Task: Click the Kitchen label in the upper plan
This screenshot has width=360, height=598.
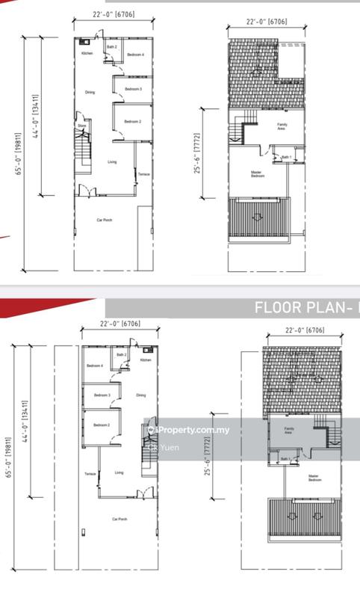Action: [87, 55]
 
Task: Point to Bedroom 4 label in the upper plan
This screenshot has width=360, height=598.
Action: [134, 55]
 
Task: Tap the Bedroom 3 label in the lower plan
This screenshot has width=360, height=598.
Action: [102, 395]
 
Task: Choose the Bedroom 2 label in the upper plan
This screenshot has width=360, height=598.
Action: [132, 121]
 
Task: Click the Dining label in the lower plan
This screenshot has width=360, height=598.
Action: [140, 395]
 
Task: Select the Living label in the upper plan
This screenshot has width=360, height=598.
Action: [112, 161]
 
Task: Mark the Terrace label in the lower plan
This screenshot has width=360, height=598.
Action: [90, 474]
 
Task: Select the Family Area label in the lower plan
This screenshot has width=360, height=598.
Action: [288, 431]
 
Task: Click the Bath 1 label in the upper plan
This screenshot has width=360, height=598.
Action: [286, 157]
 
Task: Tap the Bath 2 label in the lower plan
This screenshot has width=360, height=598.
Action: [120, 354]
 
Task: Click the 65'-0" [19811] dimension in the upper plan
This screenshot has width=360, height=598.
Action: [25, 153]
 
